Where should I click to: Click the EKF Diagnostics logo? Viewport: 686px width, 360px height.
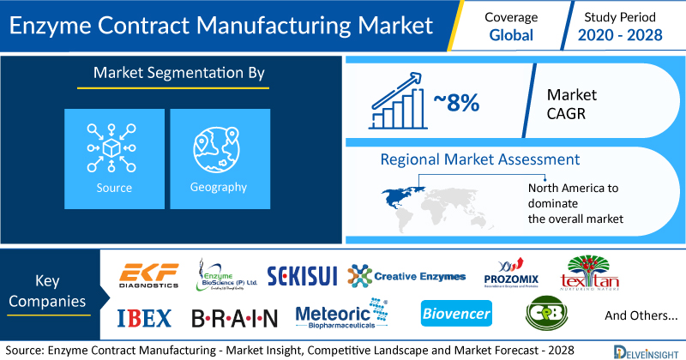[149, 275]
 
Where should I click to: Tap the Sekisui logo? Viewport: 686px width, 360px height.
[304, 275]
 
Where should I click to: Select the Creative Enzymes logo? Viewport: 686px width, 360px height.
[406, 276]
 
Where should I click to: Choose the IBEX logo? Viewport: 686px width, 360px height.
[143, 317]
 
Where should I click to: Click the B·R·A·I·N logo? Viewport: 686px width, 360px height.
[234, 318]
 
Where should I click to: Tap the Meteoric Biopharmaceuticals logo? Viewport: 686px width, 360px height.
[340, 316]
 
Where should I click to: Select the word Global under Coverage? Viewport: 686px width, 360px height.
[512, 35]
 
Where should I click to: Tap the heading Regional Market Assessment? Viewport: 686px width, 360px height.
[480, 159]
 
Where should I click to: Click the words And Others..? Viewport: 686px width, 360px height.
[639, 315]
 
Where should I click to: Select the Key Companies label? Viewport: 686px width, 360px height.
[53, 291]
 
